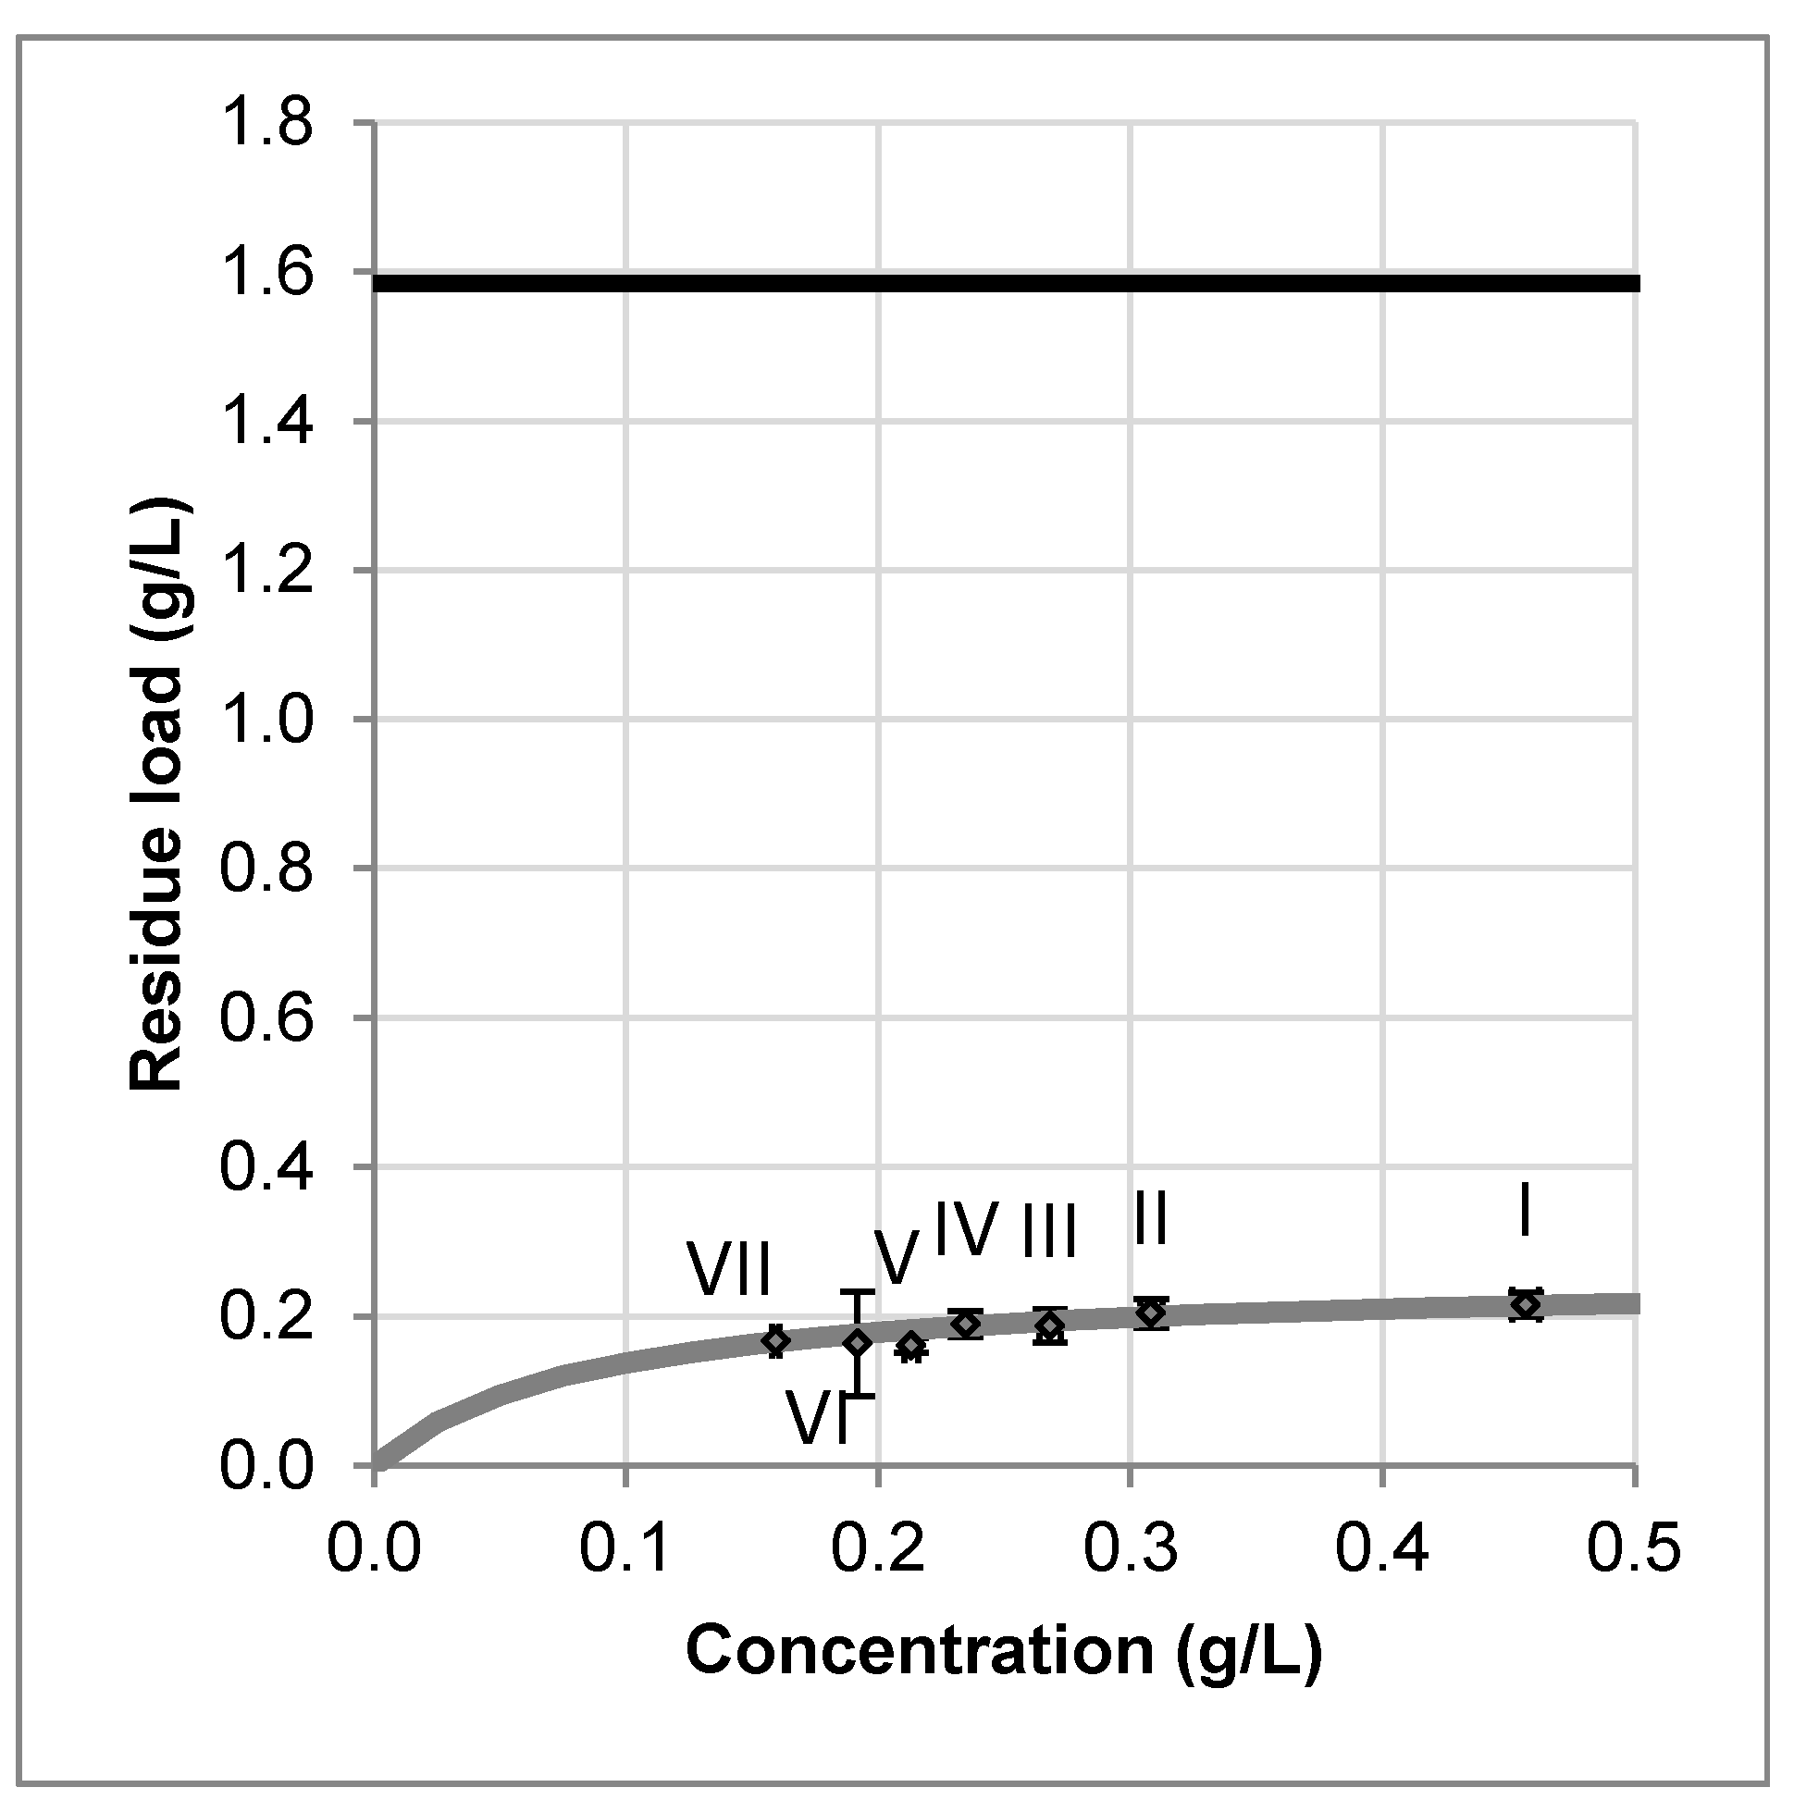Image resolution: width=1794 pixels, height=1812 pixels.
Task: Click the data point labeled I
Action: point(1526,1304)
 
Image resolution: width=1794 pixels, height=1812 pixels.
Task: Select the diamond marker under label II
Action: point(1151,1313)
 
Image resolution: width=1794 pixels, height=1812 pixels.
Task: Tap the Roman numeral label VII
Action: point(730,1269)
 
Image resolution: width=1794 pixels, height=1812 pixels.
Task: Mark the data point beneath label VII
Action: point(775,1340)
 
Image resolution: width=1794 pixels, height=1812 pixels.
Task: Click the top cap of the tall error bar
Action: point(857,1292)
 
